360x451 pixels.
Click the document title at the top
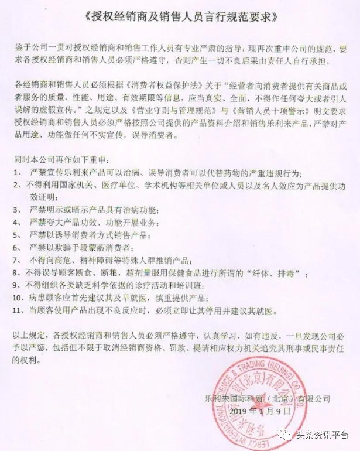[x=180, y=17]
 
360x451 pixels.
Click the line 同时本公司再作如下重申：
[x=61, y=159]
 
